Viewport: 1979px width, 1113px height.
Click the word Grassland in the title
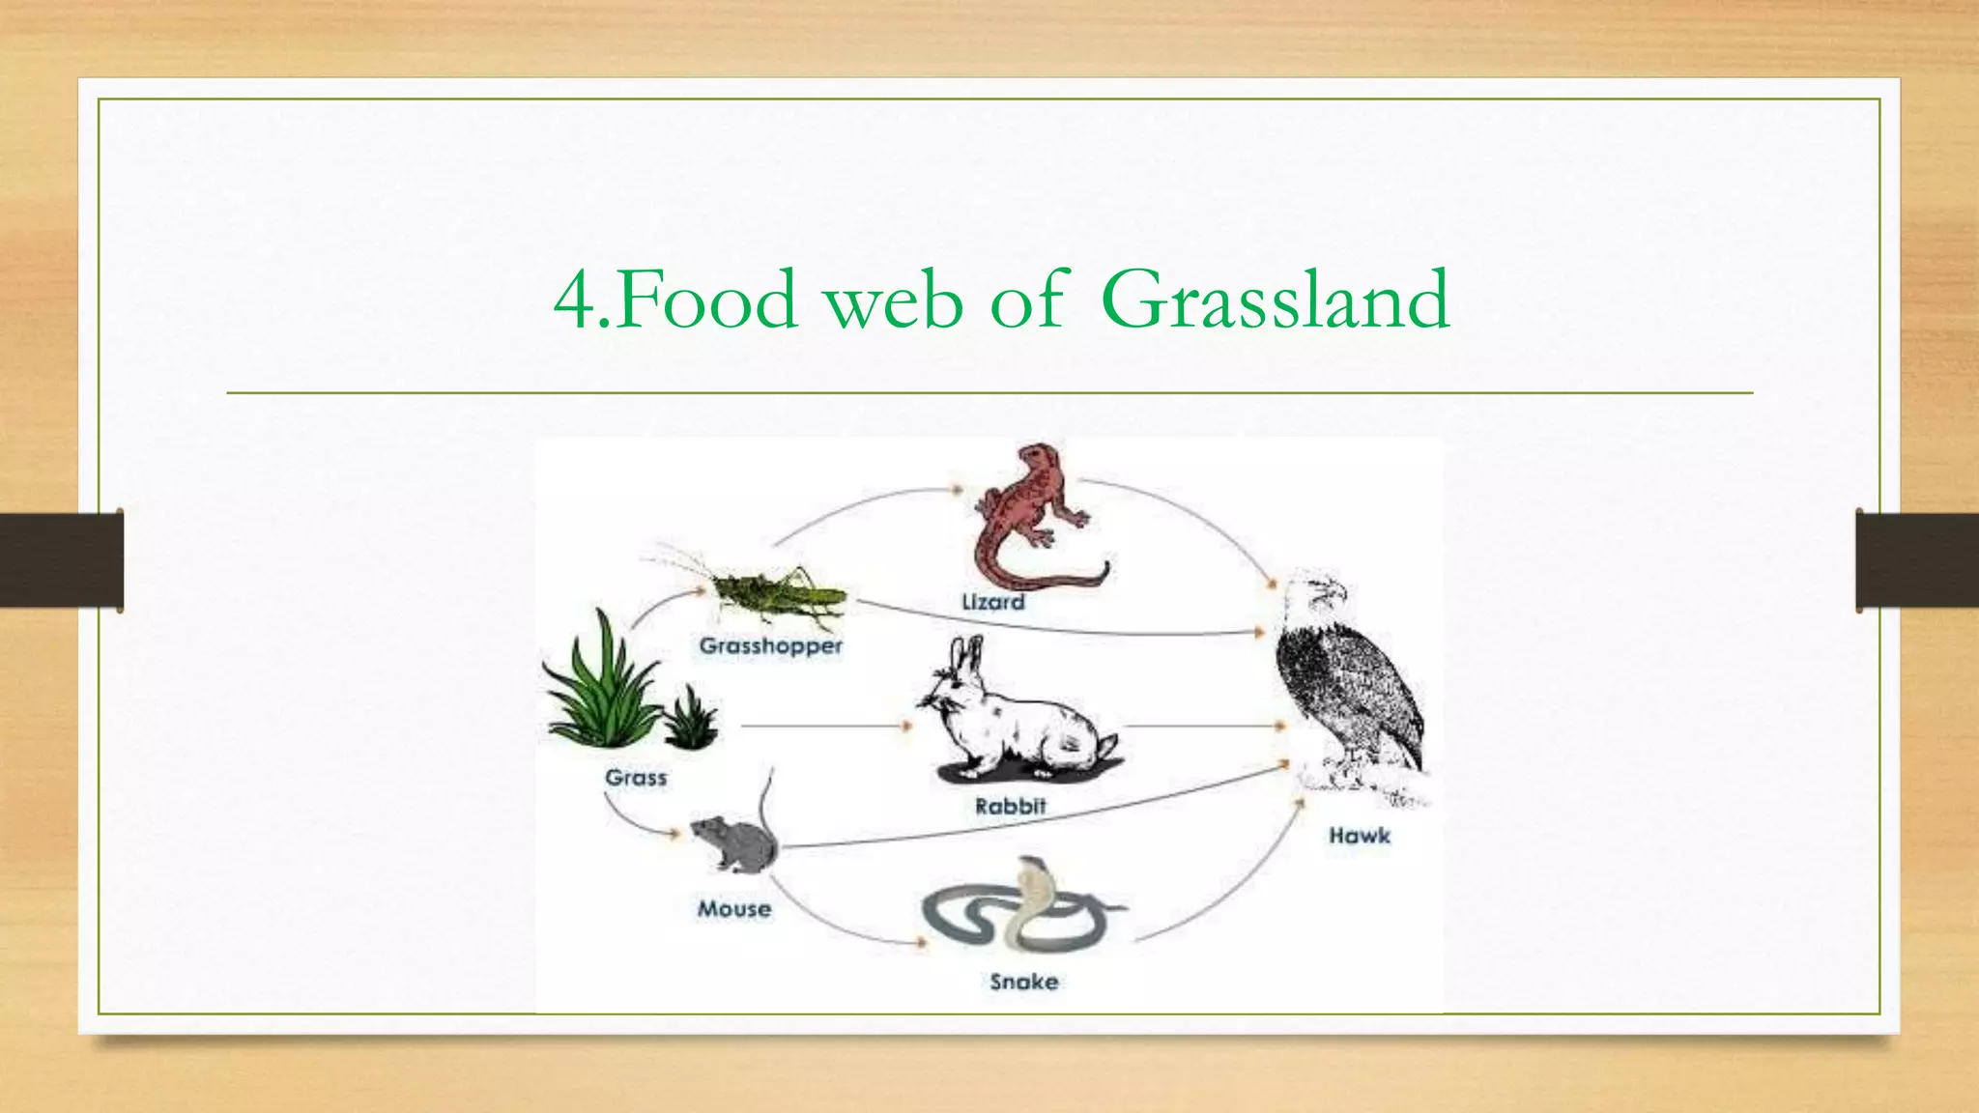click(x=1275, y=300)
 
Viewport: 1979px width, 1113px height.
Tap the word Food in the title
click(x=705, y=300)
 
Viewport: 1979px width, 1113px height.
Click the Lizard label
click(x=992, y=602)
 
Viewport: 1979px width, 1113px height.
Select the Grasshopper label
click(x=770, y=645)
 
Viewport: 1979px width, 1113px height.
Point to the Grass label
click(x=636, y=777)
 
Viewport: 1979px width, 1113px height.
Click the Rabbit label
click(x=1010, y=806)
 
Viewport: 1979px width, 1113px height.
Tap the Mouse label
click(x=734, y=908)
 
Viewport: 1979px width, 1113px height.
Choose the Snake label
click(x=1023, y=982)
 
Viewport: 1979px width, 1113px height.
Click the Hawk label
click(x=1359, y=836)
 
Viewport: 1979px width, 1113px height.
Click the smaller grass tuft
click(x=691, y=719)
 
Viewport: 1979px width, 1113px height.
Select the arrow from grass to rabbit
click(x=826, y=725)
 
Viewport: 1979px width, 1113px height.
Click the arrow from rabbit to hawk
click(x=1203, y=725)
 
